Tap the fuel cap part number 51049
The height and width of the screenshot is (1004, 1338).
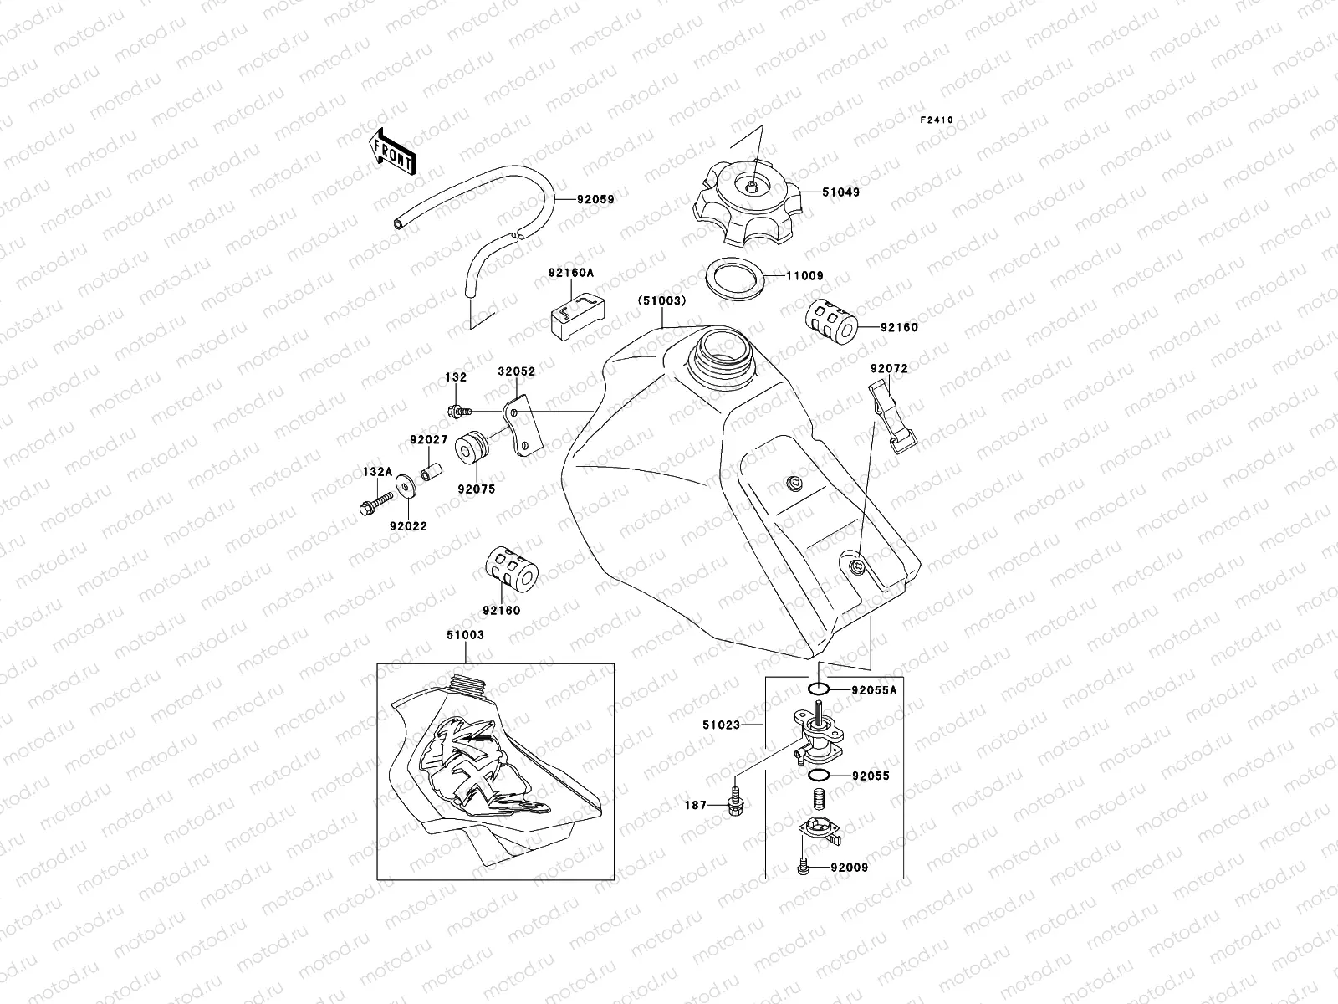[x=840, y=192]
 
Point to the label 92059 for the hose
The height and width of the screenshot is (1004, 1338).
[x=595, y=200]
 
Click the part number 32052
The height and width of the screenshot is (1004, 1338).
[x=517, y=371]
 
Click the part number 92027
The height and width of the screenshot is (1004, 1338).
[x=428, y=439]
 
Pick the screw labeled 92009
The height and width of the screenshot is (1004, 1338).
[x=804, y=867]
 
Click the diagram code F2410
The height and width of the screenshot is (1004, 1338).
[x=937, y=120]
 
